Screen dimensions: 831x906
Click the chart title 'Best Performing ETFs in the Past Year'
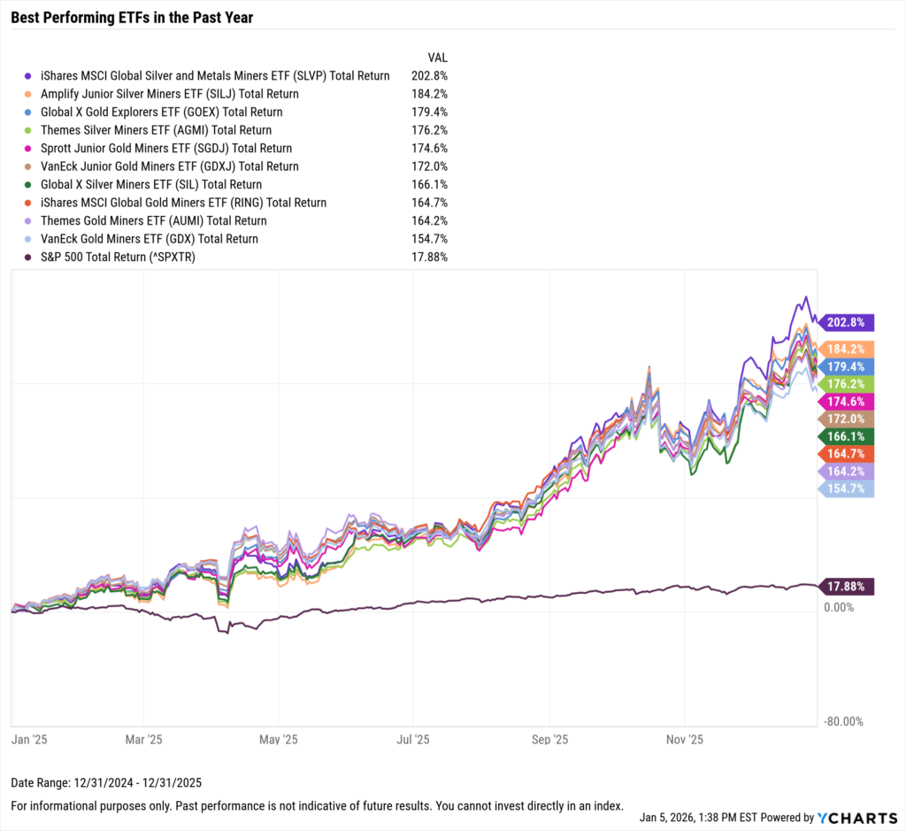point(132,17)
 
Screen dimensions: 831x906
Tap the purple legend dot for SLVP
point(28,76)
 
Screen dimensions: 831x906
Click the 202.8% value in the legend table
point(429,76)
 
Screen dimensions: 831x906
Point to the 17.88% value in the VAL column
point(429,257)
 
